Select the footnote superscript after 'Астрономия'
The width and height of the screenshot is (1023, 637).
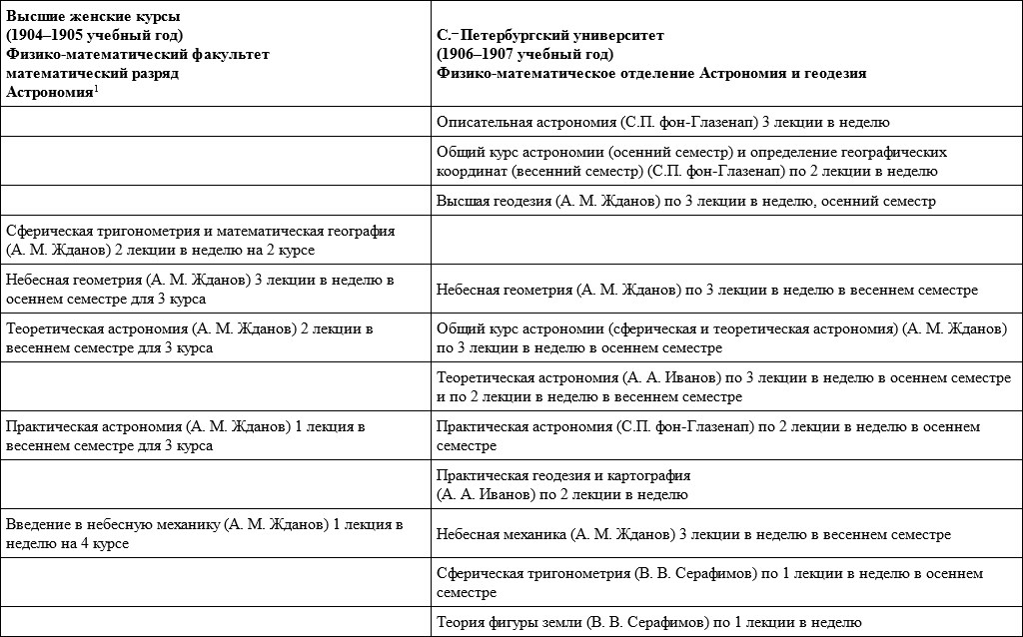coord(95,88)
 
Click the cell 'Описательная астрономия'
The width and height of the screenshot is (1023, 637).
coord(663,123)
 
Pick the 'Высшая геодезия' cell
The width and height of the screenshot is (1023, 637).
coord(685,201)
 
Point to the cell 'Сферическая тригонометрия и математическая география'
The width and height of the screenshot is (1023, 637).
coord(201,239)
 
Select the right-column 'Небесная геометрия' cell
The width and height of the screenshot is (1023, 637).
coord(707,290)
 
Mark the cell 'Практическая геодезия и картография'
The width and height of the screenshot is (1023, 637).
coord(564,484)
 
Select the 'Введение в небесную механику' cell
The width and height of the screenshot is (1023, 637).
coord(204,534)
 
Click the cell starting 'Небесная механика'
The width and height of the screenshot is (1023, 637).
coord(693,534)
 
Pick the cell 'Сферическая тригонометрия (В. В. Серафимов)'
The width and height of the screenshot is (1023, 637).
coord(709,583)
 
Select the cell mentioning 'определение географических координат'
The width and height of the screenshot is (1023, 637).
coord(692,162)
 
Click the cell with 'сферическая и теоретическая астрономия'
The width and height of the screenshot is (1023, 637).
coord(721,338)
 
